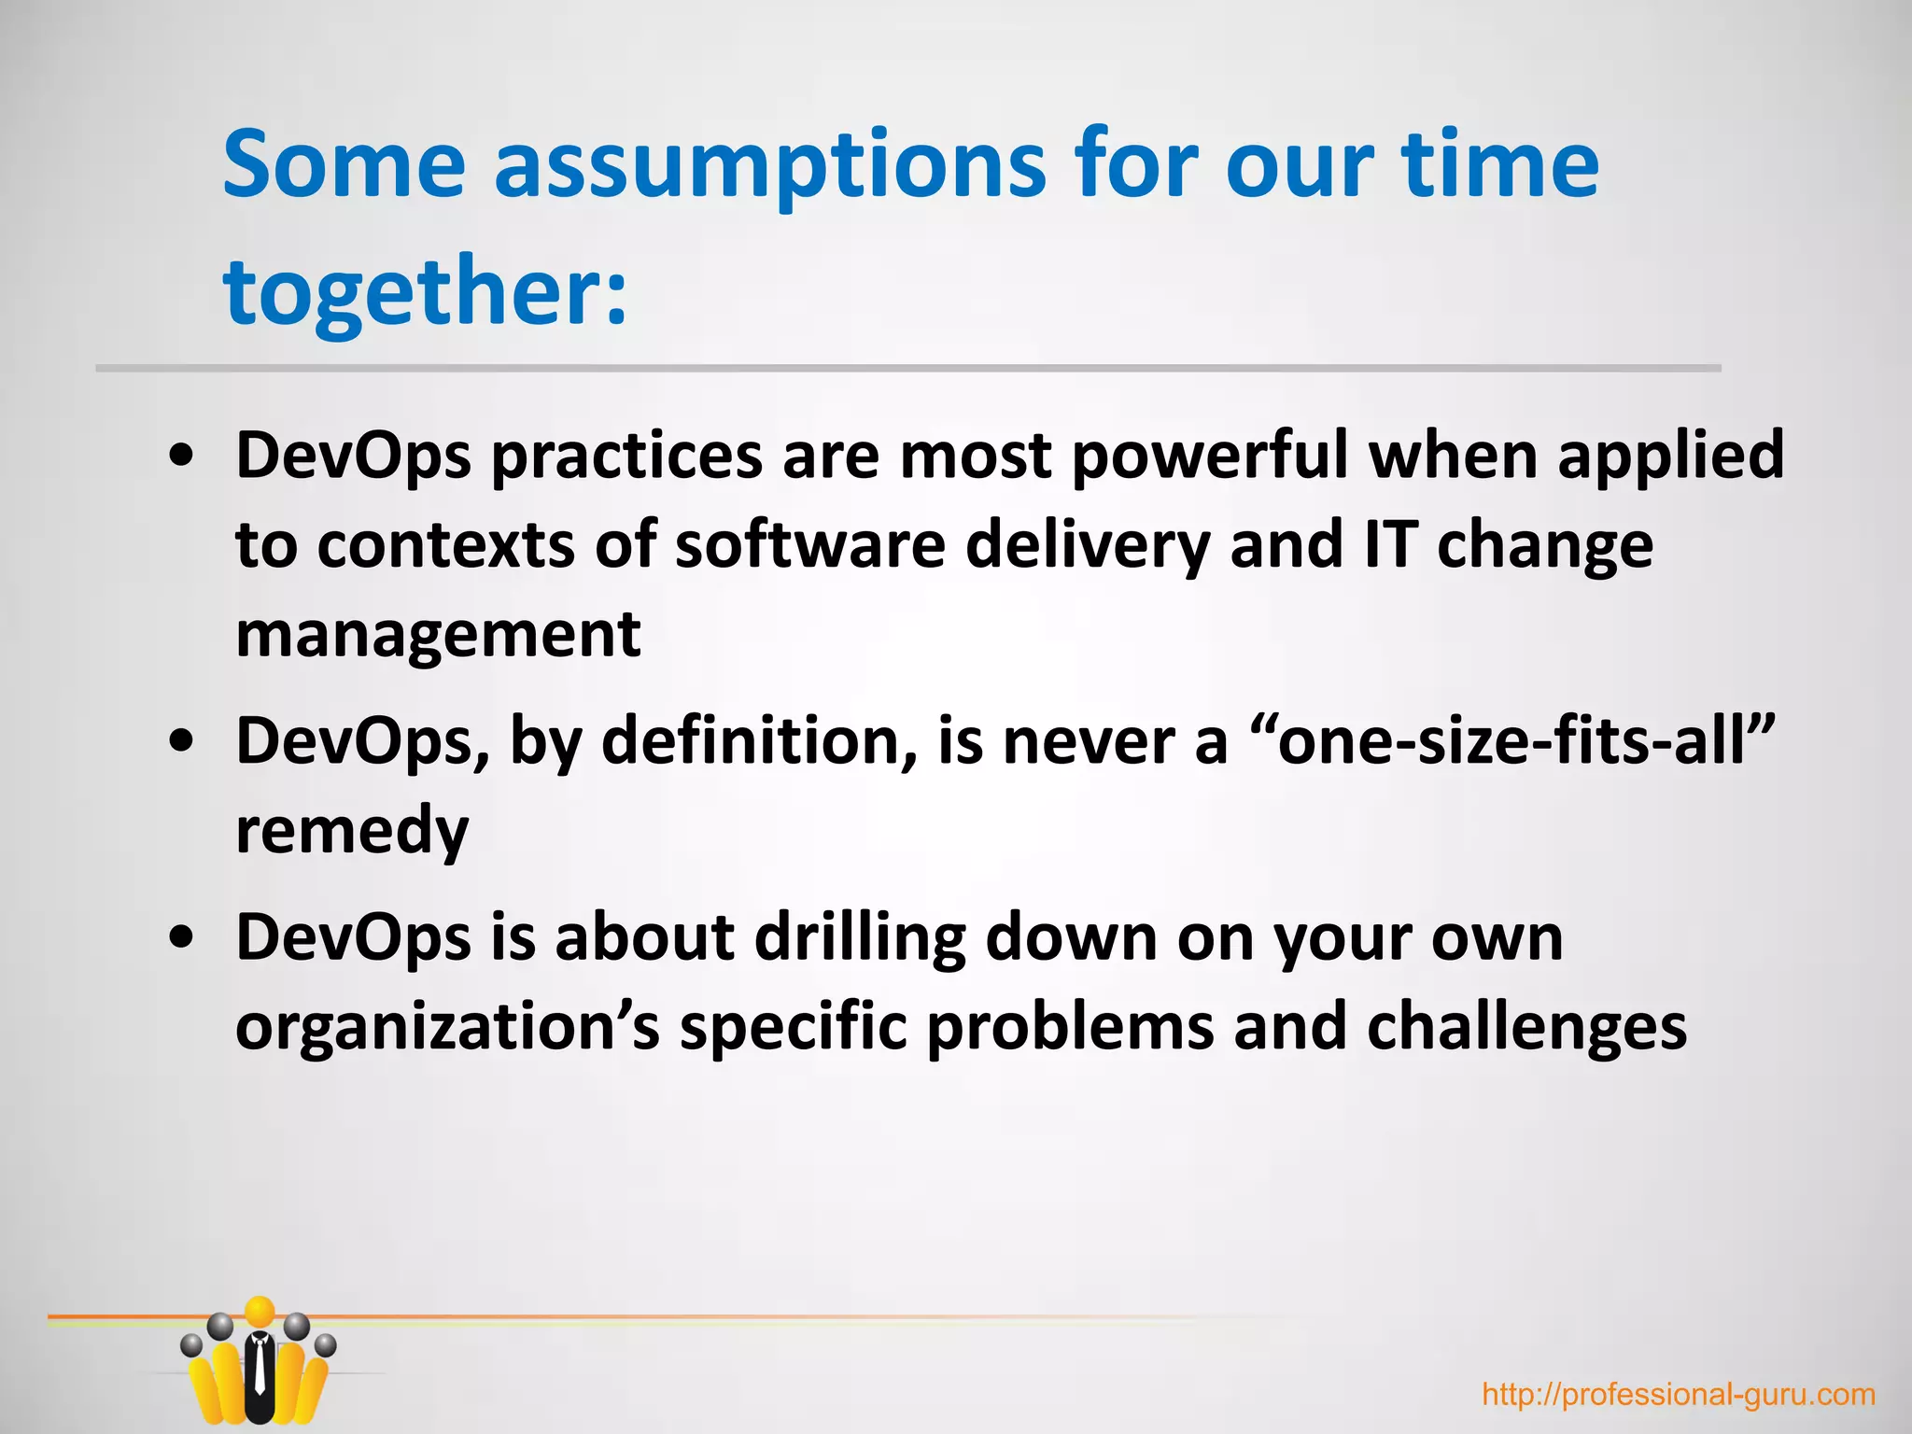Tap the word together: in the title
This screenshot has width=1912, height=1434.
point(425,293)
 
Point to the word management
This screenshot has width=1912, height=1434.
point(438,635)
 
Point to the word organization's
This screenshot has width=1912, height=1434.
point(447,1027)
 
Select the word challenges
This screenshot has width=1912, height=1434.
point(1526,1027)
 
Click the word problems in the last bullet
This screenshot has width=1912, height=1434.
point(1070,1027)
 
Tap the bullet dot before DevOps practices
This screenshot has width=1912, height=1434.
point(183,457)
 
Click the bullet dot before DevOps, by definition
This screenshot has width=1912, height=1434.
point(183,741)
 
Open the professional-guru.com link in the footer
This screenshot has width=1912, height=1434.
point(1679,1395)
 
